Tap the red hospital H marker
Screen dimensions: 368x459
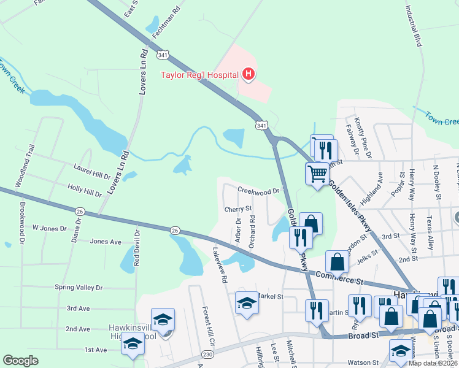[x=249, y=75]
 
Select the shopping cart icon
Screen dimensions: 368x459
[x=317, y=174]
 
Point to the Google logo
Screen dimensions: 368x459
[x=20, y=361]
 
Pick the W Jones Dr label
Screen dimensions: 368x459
[x=49, y=228]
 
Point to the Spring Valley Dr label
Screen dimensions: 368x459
[x=78, y=287]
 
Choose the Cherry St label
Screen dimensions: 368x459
[x=238, y=209]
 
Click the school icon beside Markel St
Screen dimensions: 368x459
[x=247, y=304]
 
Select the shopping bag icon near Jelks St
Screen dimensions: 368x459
[x=337, y=263]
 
